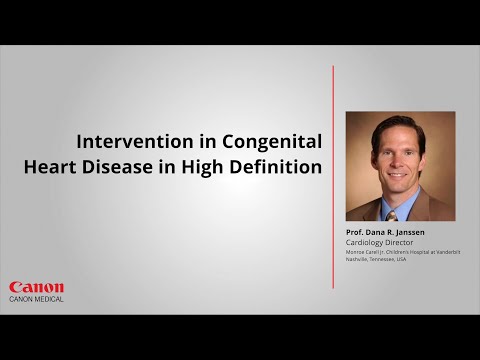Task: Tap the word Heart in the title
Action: click(52, 167)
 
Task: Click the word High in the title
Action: click(204, 167)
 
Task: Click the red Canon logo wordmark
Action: click(36, 287)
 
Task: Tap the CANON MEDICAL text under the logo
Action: click(36, 299)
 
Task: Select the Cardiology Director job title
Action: click(381, 241)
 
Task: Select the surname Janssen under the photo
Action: click(407, 232)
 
